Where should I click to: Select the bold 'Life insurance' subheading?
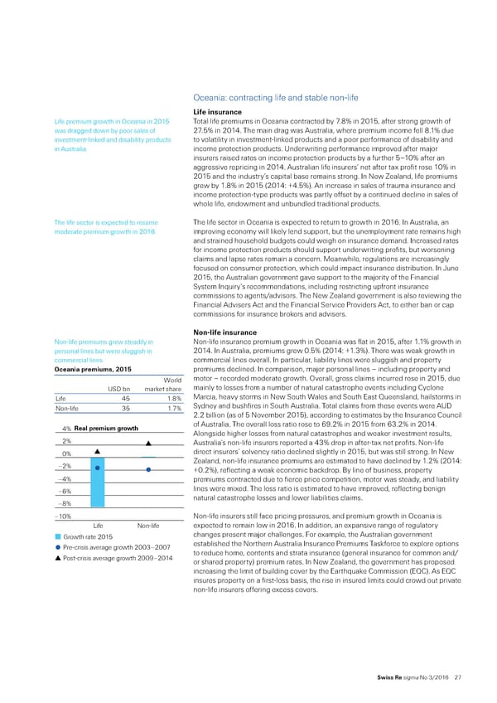pyautogui.click(x=218, y=112)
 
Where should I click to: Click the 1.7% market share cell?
pyautogui.click(x=160, y=408)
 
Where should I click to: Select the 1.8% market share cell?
pyautogui.click(x=160, y=396)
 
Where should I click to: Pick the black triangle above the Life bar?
pyautogui.click(x=98, y=451)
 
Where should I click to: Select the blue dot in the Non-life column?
pyautogui.click(x=147, y=470)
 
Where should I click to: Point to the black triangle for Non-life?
pyautogui.click(x=147, y=455)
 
